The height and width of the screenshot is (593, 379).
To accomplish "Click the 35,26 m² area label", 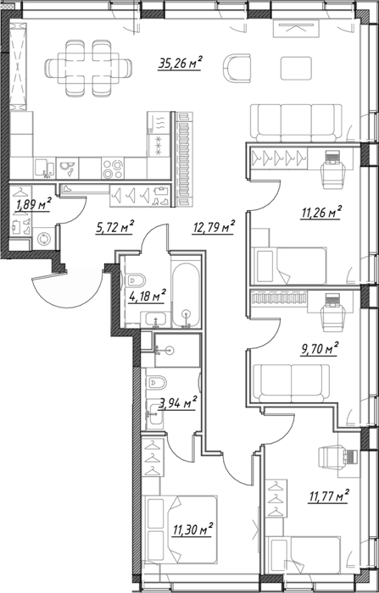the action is point(180,63).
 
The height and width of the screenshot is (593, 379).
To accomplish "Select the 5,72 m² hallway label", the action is point(114,227).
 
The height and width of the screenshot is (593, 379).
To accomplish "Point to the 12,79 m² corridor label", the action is point(214,227).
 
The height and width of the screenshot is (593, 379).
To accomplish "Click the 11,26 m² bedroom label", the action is point(321,213).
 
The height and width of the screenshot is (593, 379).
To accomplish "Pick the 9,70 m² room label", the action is point(319,349).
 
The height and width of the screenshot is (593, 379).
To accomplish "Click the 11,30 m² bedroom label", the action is point(192,529).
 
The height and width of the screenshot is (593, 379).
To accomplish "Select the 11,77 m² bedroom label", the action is point(328,496).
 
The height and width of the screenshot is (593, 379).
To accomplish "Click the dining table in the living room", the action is point(88,68).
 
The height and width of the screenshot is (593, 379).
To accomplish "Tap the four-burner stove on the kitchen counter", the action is point(113,169).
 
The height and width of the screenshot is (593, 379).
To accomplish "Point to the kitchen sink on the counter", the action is point(45,169).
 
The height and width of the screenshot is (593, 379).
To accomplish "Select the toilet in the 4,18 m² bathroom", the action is point(136,280).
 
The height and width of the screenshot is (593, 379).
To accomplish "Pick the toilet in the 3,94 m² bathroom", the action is point(156,382).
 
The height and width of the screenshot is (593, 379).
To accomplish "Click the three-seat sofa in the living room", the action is point(297,122).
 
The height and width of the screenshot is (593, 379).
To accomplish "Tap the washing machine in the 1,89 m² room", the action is point(44,238).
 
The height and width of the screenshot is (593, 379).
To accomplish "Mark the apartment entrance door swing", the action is point(68,287).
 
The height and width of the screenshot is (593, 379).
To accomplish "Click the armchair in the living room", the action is point(237,68).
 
